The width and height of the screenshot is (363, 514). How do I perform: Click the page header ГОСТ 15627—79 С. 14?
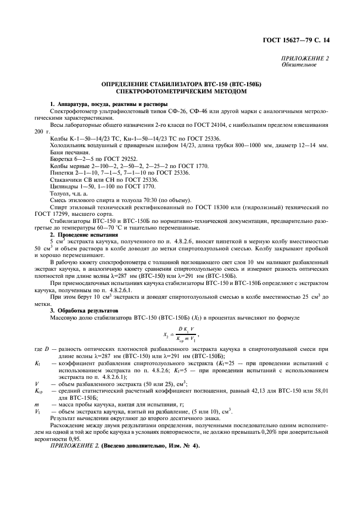[x=301, y=41]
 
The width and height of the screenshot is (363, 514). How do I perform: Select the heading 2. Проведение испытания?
[x=84, y=234]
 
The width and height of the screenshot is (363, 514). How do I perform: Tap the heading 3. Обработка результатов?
[x=85, y=310]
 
